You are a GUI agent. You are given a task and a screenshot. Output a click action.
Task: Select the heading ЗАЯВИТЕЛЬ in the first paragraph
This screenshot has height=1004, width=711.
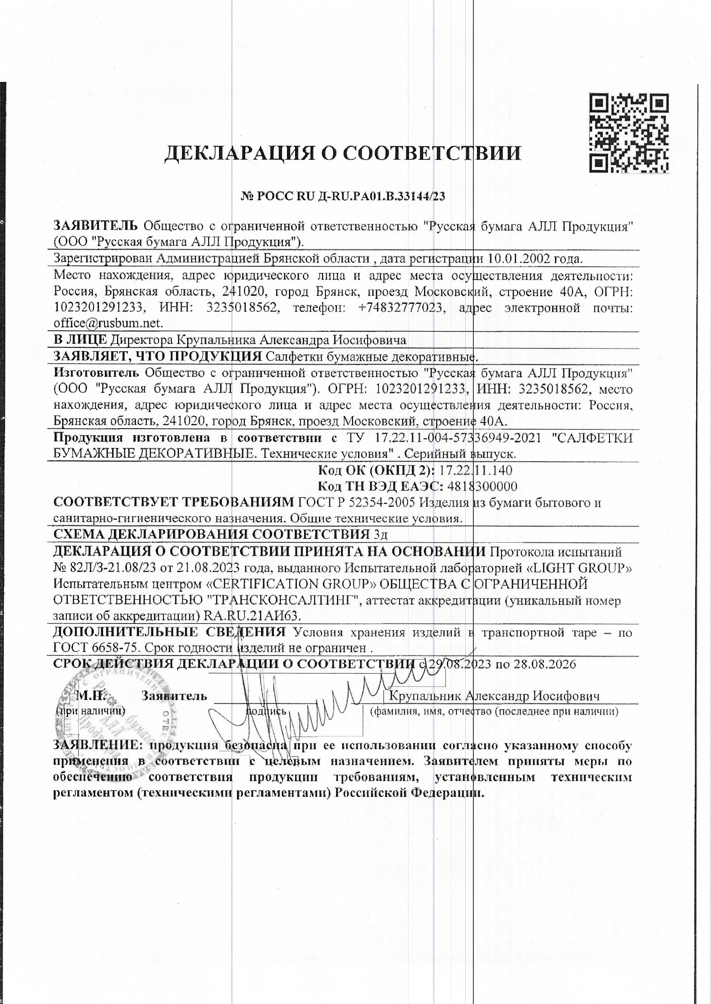point(96,226)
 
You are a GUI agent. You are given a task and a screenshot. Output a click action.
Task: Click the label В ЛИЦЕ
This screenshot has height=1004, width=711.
point(80,340)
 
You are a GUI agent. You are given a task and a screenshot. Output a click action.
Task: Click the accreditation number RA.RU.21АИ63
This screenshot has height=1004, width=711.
point(253,616)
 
